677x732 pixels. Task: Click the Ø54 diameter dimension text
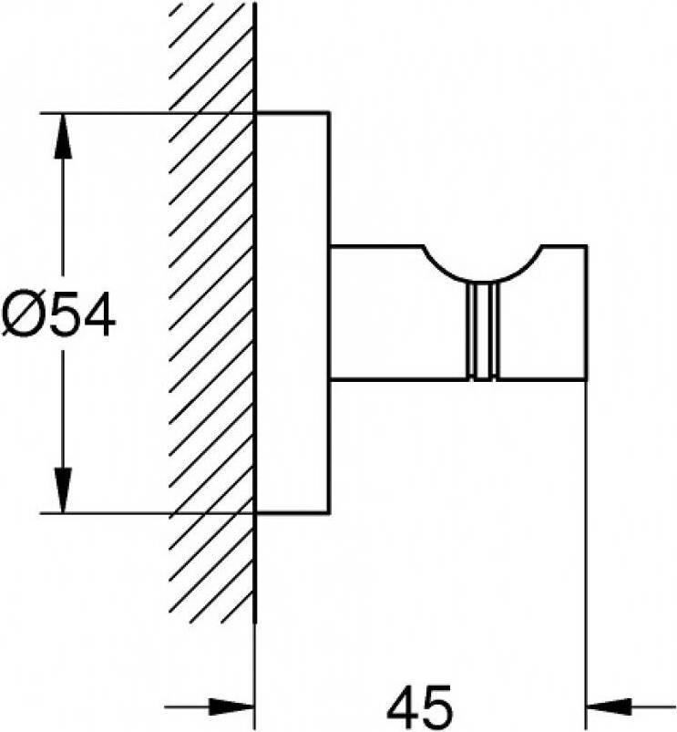(57, 314)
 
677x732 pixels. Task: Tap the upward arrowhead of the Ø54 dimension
(64, 138)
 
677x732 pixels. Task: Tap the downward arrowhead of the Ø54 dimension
(64, 490)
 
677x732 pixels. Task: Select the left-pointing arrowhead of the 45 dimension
(610, 706)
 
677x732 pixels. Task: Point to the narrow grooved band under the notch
(482, 331)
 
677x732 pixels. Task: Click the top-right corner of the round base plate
(330, 112)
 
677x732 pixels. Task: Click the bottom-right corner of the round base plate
(330, 513)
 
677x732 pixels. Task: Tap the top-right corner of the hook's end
(587, 245)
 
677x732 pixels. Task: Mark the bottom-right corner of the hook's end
(587, 380)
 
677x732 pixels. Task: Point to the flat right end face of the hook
(587, 313)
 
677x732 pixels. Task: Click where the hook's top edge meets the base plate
(330, 245)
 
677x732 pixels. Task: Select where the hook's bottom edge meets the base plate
(330, 380)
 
